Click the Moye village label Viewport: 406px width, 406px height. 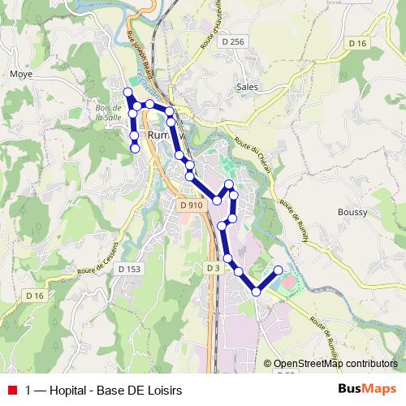click(x=19, y=75)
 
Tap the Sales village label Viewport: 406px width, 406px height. click(x=247, y=85)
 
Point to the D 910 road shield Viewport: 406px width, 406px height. click(x=192, y=205)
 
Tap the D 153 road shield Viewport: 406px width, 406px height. click(x=128, y=269)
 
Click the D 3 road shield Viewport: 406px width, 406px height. click(x=213, y=267)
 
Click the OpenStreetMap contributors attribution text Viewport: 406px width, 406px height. click(x=335, y=365)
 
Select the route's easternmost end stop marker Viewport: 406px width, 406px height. click(x=279, y=270)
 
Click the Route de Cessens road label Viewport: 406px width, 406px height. click(x=98, y=259)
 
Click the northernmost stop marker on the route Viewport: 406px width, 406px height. click(x=127, y=91)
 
